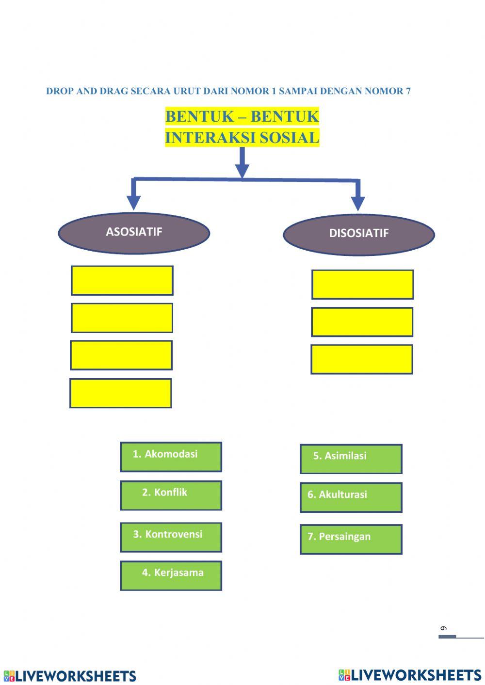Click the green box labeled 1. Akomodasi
[x=171, y=457]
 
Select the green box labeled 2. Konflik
[x=171, y=495]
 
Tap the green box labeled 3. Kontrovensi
[x=171, y=537]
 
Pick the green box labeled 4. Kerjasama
[x=171, y=575]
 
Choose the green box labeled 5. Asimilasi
[x=351, y=459]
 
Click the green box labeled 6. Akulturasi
[x=351, y=497]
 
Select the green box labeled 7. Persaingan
[x=351, y=539]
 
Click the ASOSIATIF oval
[x=134, y=233]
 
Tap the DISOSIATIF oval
[x=358, y=234]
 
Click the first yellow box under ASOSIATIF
[x=122, y=280]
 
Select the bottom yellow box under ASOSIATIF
[x=120, y=393]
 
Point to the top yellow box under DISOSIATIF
[x=362, y=284]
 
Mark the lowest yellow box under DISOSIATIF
[x=361, y=359]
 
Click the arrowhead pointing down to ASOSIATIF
[x=133, y=202]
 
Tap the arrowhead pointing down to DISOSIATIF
[x=358, y=204]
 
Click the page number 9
[x=443, y=629]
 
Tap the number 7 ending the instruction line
[x=408, y=91]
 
